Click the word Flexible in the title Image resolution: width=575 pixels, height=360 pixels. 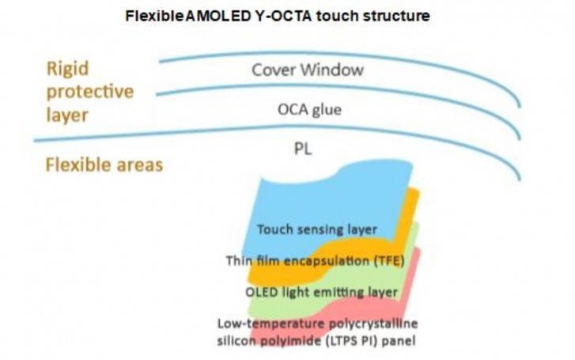click(x=155, y=16)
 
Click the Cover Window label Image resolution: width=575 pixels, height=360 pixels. click(x=308, y=70)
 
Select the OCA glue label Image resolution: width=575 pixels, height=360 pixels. click(x=309, y=110)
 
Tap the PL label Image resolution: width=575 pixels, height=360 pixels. click(x=303, y=149)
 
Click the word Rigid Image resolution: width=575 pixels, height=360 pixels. click(x=68, y=69)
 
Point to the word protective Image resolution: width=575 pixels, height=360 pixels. click(x=90, y=92)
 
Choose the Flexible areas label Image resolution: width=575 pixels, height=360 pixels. click(x=104, y=165)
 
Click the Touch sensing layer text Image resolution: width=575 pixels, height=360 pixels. click(x=317, y=229)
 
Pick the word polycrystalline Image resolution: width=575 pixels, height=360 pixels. click(x=373, y=324)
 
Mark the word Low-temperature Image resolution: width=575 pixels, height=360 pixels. click(x=271, y=324)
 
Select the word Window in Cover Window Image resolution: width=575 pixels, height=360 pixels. click(x=334, y=70)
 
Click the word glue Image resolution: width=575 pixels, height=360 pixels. click(x=326, y=110)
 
